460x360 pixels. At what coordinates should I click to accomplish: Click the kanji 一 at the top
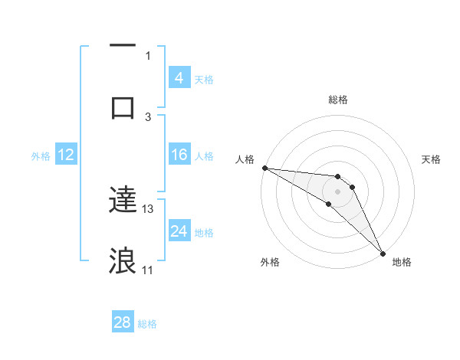click(123, 47)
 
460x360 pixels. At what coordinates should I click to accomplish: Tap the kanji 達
click(123, 201)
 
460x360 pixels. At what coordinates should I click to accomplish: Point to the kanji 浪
click(123, 260)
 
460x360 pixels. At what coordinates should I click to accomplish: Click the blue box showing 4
click(179, 77)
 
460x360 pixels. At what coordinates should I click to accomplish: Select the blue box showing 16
click(179, 155)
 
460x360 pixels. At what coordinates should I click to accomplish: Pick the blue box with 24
click(179, 231)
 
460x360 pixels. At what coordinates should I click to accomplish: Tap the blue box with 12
click(66, 155)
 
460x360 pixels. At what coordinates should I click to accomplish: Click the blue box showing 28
click(123, 322)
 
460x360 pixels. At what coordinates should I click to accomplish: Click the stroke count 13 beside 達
click(148, 208)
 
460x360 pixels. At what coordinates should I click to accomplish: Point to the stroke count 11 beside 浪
click(148, 270)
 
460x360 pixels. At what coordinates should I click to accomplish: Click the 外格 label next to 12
click(41, 155)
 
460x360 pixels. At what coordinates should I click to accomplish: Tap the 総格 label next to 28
click(147, 324)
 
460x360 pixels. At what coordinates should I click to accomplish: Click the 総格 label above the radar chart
click(338, 100)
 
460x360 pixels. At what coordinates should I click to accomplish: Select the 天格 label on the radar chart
click(432, 159)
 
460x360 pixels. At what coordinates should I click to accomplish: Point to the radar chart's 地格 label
click(402, 262)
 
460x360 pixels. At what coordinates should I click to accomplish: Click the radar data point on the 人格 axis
click(264, 168)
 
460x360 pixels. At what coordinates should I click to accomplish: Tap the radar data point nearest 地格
click(382, 252)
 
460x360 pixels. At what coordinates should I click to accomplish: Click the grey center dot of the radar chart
click(337, 191)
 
